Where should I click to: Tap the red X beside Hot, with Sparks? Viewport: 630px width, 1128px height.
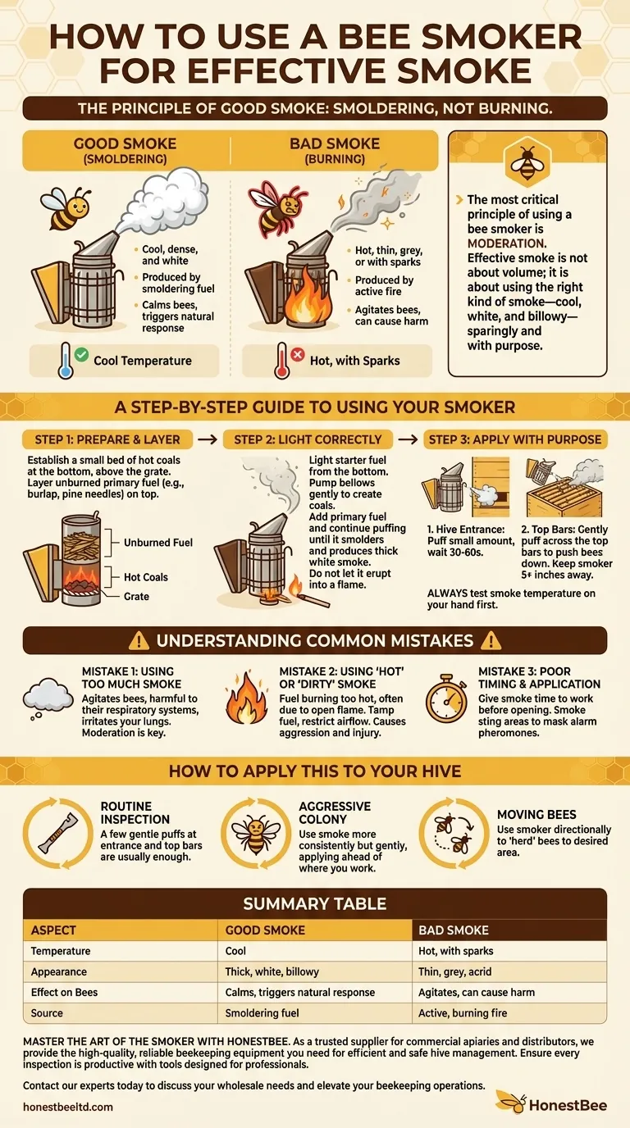[297, 355]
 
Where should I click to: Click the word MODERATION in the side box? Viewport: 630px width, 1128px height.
[506, 243]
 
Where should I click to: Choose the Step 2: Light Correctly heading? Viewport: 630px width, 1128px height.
[308, 439]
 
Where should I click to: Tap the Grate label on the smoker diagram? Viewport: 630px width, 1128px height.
[136, 596]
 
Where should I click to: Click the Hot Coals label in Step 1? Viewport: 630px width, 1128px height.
[145, 577]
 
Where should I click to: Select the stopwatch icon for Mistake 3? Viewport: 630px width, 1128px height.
[446, 698]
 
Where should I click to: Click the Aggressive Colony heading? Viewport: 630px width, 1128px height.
[335, 813]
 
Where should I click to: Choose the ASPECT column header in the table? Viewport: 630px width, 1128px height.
[53, 930]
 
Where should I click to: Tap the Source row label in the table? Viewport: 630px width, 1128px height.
[47, 1013]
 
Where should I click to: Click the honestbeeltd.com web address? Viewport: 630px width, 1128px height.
[68, 1107]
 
